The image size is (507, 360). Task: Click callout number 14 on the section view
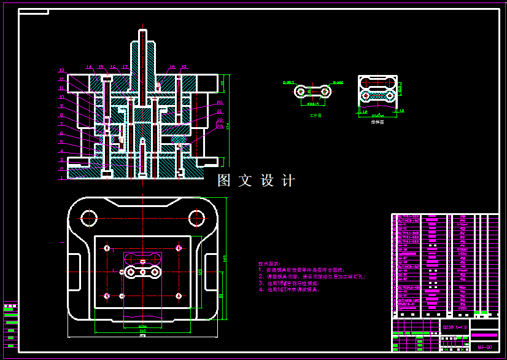pos(88,67)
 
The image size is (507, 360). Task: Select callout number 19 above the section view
pos(184,67)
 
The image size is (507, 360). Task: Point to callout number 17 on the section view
pos(125,67)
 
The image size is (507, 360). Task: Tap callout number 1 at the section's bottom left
pos(61,178)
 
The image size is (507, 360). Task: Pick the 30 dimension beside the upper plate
pos(222,82)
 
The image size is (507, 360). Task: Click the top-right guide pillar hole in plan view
pos(196,217)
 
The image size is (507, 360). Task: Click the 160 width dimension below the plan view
pos(142,330)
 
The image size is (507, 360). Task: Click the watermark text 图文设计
pos(257,181)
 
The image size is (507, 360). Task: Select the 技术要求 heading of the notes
pos(269,263)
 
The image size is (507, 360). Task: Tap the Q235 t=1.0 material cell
pos(455,327)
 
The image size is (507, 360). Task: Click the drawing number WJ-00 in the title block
pos(484,347)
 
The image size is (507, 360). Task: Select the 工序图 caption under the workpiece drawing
pos(315,114)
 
